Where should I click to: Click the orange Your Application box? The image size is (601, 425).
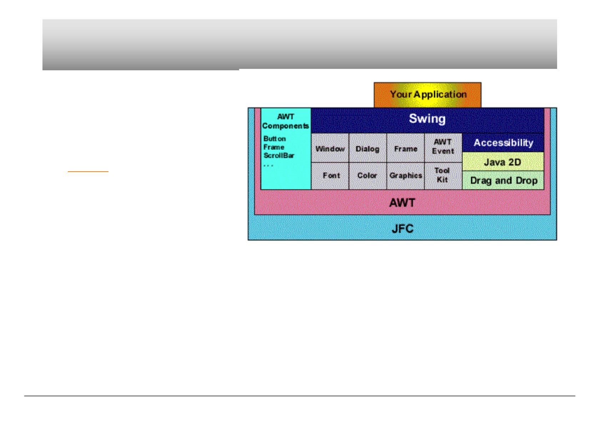[428, 95]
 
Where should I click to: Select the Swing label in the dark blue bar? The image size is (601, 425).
[427, 118]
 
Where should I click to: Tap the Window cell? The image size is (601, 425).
[330, 148]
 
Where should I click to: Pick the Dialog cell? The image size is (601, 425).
[368, 148]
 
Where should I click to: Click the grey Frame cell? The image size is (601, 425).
[405, 148]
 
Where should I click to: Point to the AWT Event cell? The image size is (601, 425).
[443, 147]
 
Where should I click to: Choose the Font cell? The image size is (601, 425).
[331, 176]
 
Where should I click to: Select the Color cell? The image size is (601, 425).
[367, 176]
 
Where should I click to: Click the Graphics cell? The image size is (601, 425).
[406, 176]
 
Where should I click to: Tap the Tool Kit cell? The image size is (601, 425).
[443, 175]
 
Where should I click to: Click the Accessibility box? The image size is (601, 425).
[503, 143]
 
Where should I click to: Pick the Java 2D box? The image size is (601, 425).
[502, 162]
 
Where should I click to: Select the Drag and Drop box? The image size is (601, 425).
[504, 181]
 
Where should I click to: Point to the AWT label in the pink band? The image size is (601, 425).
[402, 203]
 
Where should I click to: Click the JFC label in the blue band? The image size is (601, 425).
[403, 228]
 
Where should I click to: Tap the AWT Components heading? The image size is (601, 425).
[286, 121]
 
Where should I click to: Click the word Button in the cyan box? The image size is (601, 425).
[274, 138]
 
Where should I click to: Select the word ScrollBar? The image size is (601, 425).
[279, 156]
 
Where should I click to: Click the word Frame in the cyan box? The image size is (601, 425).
[274, 147]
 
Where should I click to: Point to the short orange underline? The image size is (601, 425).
[88, 172]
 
